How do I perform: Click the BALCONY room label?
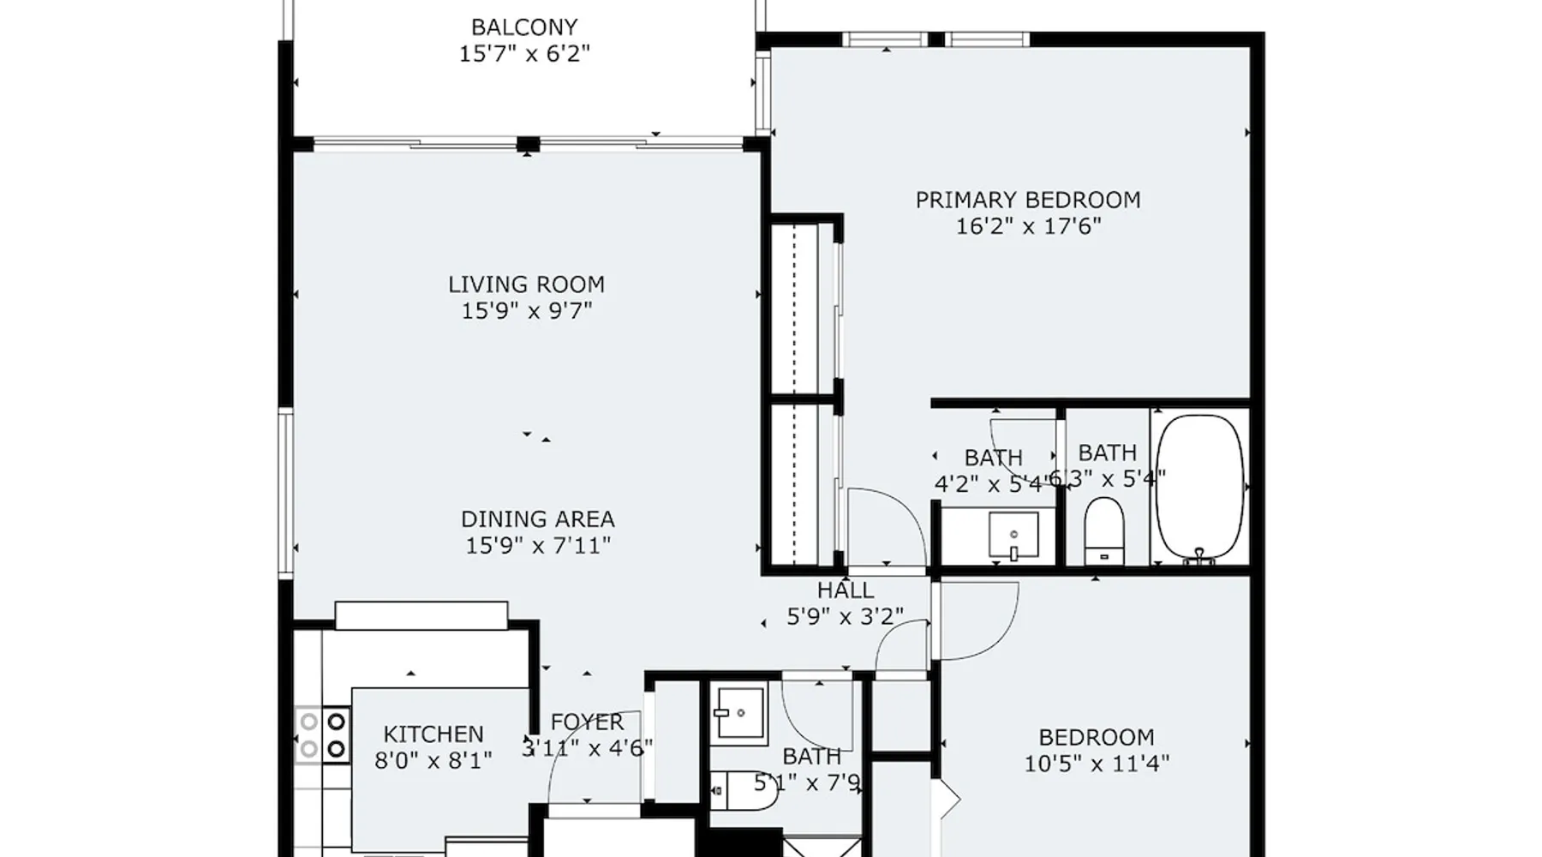point(524,27)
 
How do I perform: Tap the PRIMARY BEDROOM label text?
point(1028,201)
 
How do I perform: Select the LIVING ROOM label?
point(526,285)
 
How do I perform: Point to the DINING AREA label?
point(538,519)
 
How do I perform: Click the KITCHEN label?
point(433,734)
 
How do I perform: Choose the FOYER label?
point(588,722)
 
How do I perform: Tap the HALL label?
point(846,590)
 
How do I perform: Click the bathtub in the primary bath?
point(1199,488)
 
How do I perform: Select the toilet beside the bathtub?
point(1104,531)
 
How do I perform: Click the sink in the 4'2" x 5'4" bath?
point(1013,536)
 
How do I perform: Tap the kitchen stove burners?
point(322,734)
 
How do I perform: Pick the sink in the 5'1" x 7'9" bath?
point(740,712)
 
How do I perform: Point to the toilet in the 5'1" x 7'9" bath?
point(744,790)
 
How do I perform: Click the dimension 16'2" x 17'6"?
point(1028,226)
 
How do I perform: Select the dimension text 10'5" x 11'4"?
point(1097,764)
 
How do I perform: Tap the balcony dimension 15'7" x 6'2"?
point(524,54)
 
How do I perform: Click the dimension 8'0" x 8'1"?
point(433,760)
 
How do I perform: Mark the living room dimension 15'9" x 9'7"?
point(526,310)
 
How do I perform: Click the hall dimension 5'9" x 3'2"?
point(846,616)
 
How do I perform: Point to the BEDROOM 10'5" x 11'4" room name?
point(1097,738)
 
